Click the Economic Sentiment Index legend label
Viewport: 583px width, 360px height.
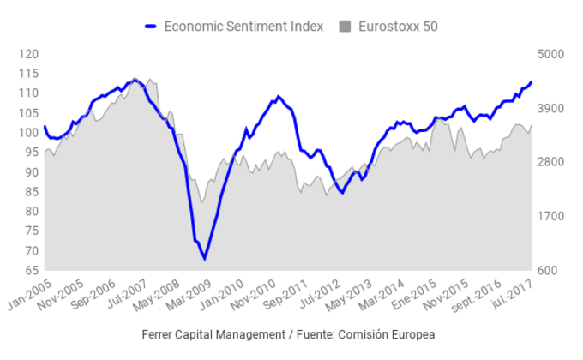(243, 27)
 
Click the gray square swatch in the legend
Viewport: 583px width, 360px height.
(346, 27)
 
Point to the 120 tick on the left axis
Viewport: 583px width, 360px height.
(28, 54)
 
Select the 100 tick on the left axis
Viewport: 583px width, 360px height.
(28, 133)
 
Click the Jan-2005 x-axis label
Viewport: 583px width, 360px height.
(27, 294)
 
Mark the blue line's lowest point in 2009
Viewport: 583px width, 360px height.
(204, 258)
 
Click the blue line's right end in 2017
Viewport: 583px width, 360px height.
(532, 82)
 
